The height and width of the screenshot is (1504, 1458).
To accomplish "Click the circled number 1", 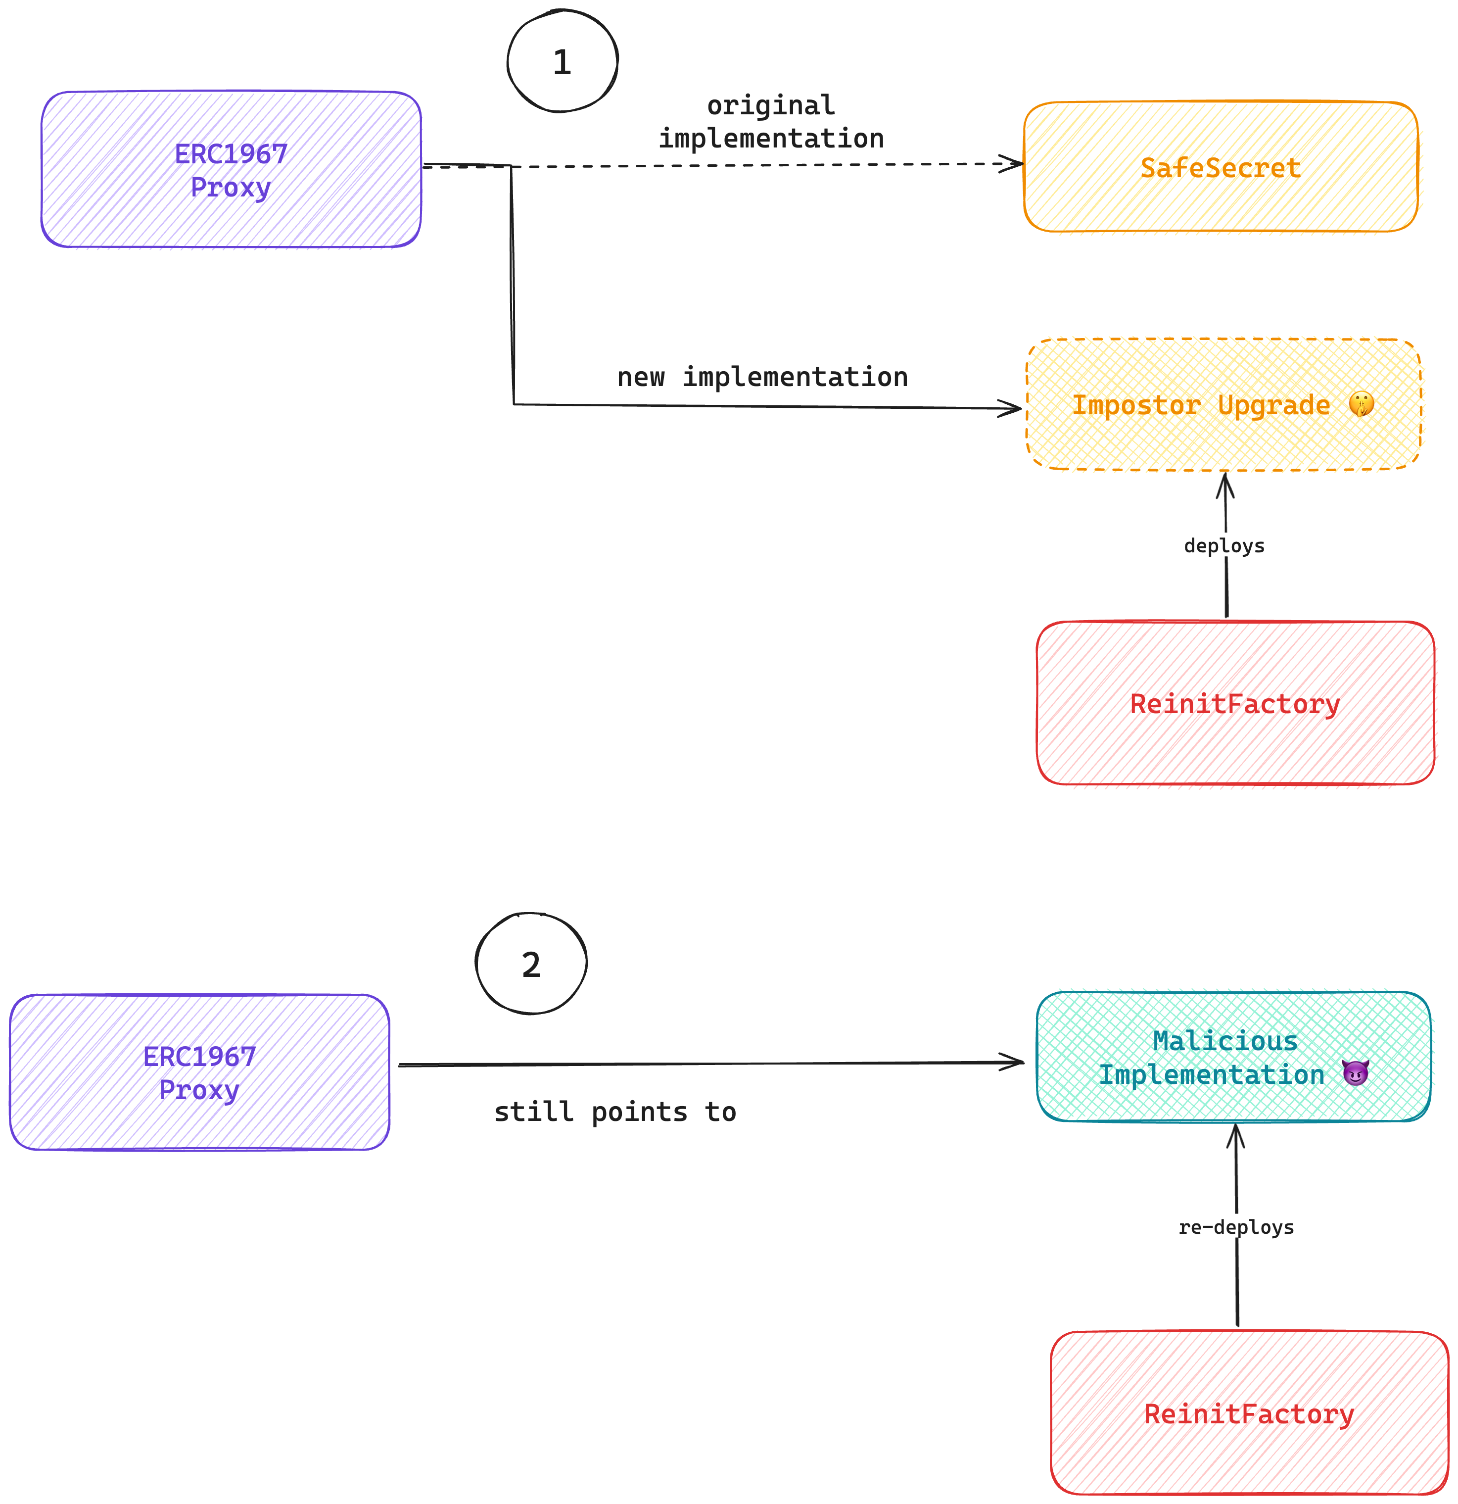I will [x=562, y=61].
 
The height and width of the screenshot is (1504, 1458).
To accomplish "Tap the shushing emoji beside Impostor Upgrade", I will [x=1362, y=404].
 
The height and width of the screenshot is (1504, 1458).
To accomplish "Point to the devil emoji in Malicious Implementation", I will [x=1355, y=1073].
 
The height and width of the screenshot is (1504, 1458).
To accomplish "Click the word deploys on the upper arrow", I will [x=1224, y=545].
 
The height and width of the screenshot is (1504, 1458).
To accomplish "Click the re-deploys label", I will [x=1235, y=1227].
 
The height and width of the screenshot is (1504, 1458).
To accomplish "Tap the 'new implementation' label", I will [x=762, y=377].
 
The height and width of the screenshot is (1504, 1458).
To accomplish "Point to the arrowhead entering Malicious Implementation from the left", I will [x=1014, y=1063].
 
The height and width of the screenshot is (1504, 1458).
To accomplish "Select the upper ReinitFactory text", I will [x=1235, y=704].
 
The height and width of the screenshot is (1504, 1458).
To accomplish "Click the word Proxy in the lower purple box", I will [x=199, y=1090].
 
